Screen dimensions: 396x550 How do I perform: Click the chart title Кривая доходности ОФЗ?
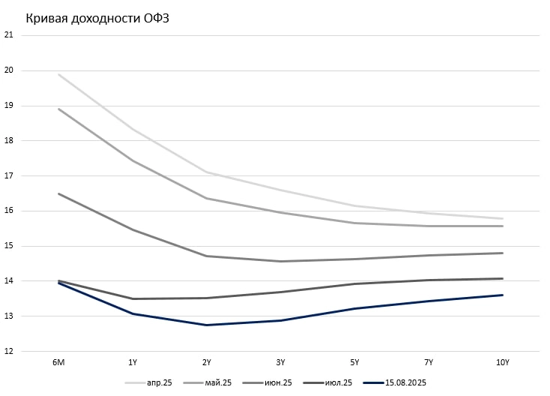click(98, 19)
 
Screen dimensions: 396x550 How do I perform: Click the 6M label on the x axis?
click(58, 362)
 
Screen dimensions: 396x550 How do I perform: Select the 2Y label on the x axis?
click(207, 362)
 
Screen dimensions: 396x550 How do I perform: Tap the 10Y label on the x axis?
click(502, 362)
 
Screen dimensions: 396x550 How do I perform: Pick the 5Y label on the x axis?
click(354, 362)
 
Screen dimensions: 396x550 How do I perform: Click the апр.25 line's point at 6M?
click(58, 74)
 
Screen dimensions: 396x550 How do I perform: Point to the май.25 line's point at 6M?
click(58, 109)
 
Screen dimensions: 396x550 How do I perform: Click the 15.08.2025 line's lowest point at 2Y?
click(207, 325)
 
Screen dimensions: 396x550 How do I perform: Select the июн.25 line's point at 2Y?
click(207, 256)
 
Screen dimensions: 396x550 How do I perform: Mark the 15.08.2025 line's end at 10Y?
click(502, 295)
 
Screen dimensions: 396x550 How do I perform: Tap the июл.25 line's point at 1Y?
click(133, 298)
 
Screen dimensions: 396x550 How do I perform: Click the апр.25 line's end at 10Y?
click(502, 218)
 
